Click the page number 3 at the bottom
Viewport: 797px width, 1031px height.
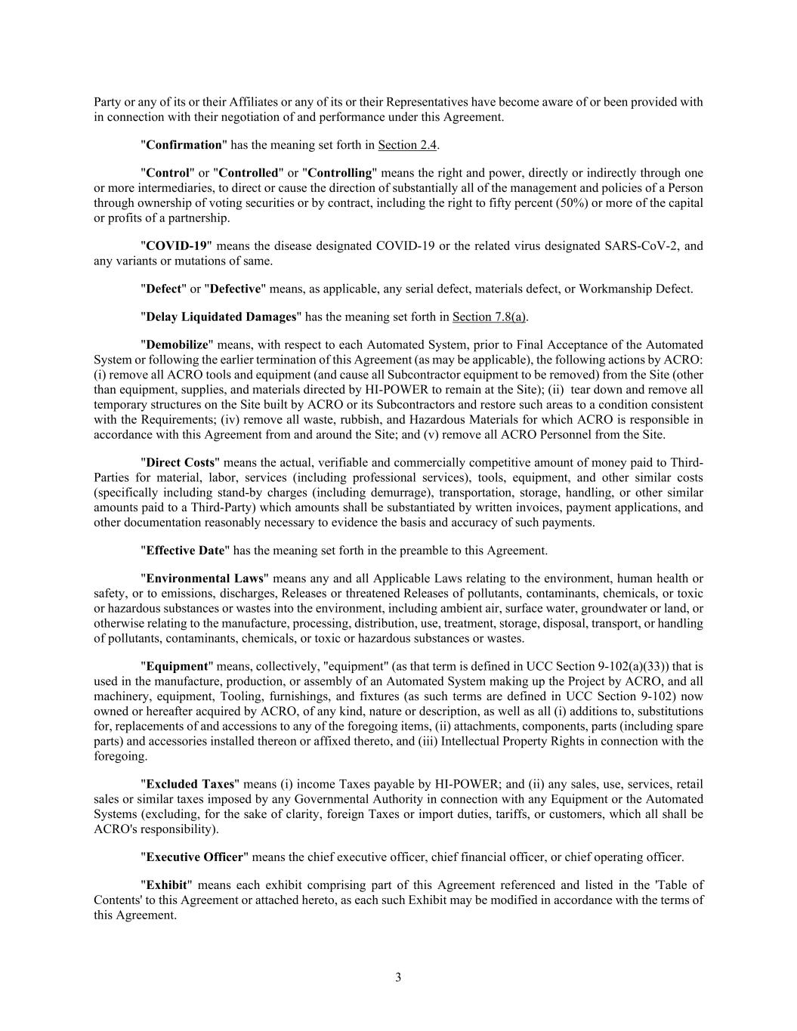(x=398, y=977)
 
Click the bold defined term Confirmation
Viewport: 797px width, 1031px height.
(x=184, y=145)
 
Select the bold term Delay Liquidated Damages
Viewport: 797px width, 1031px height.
(x=221, y=316)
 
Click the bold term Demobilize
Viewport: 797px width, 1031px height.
(x=177, y=344)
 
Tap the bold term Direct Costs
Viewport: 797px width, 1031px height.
(x=180, y=462)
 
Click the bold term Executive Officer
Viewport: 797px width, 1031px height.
(x=195, y=857)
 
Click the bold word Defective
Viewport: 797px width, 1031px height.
(x=235, y=289)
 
